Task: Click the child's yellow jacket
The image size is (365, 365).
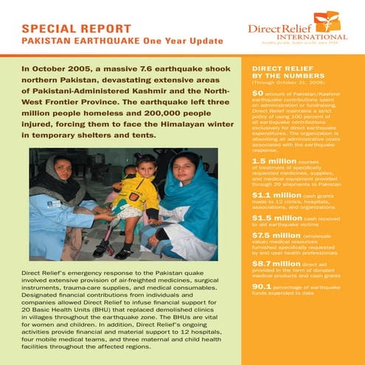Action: (x=140, y=195)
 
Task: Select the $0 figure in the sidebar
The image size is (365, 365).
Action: (x=257, y=94)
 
